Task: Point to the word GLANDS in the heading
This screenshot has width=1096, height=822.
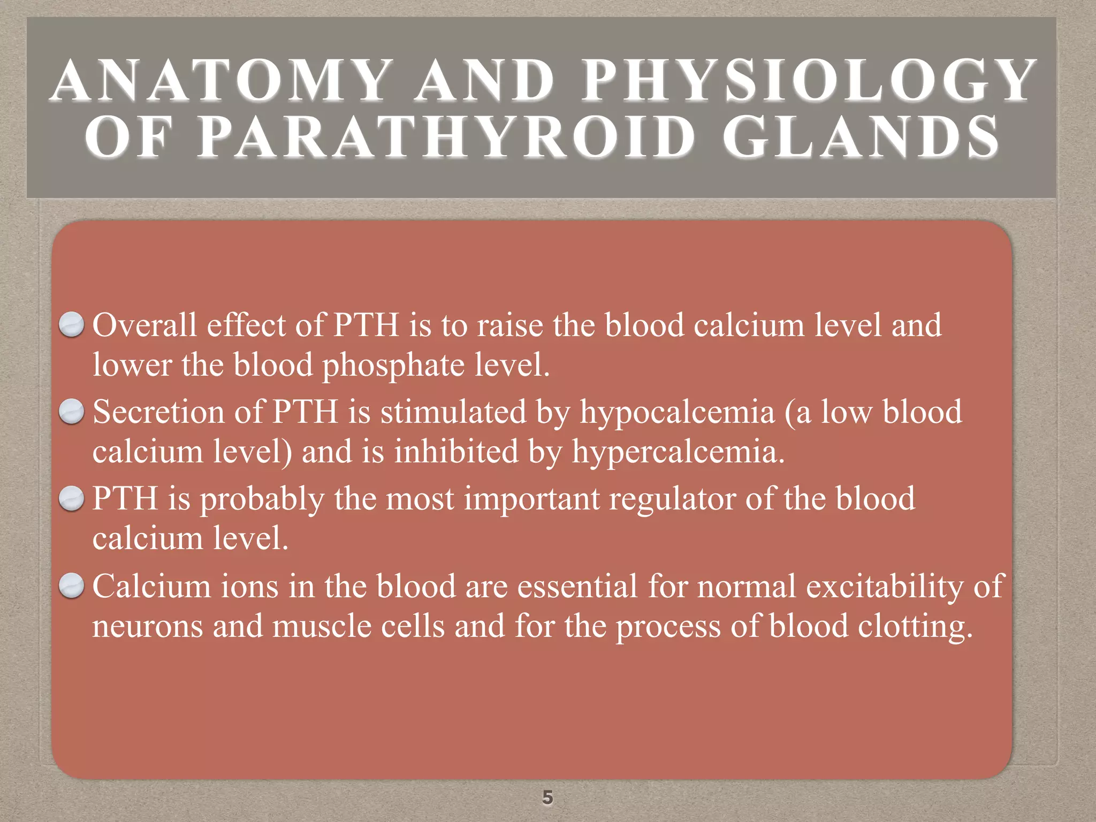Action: pyautogui.click(x=861, y=138)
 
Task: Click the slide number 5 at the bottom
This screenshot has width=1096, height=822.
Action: pyautogui.click(x=547, y=797)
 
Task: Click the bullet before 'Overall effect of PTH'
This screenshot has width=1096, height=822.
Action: pyautogui.click(x=71, y=325)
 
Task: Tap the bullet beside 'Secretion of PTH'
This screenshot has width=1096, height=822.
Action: pyautogui.click(x=71, y=412)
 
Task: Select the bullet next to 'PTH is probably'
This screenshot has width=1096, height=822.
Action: pyautogui.click(x=71, y=499)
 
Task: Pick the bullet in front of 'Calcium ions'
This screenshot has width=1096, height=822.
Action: pyautogui.click(x=71, y=586)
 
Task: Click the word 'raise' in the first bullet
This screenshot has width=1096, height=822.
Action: pyautogui.click(x=509, y=325)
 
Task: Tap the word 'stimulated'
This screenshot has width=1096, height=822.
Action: pyautogui.click(x=453, y=412)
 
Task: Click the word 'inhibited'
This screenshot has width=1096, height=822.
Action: pyautogui.click(x=456, y=452)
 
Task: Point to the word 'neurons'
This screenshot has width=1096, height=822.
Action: pyautogui.click(x=148, y=627)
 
